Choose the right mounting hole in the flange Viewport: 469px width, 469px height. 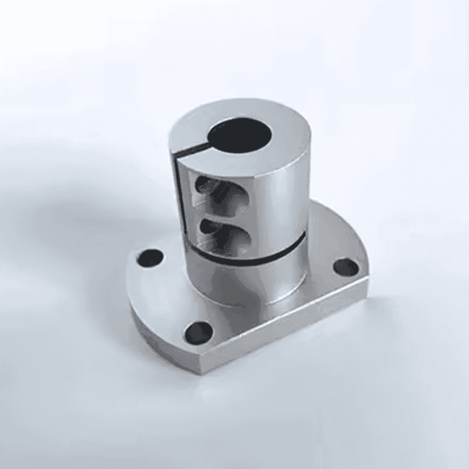pyautogui.click(x=346, y=268)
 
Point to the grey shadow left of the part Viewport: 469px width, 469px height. pyautogui.click(x=70, y=225)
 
